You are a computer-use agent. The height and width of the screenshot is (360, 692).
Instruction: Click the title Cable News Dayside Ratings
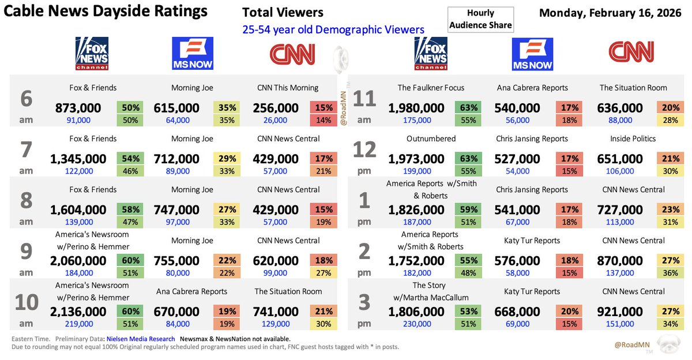(106, 11)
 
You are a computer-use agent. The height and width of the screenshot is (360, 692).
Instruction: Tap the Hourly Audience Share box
(480, 20)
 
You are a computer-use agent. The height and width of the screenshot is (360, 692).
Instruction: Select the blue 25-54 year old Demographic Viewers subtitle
(333, 29)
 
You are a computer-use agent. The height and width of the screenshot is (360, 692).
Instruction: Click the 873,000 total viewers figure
(78, 108)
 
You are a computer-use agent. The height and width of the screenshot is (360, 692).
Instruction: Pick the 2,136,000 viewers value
(78, 312)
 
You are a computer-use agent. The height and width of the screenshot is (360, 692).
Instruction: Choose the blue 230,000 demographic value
(418, 324)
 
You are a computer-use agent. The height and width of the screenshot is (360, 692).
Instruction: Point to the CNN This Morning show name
(288, 88)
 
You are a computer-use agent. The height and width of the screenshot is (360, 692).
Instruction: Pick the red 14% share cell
(323, 120)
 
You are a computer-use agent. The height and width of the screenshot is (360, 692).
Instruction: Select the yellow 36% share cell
(669, 273)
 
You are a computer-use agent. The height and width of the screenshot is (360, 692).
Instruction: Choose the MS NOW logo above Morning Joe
(192, 54)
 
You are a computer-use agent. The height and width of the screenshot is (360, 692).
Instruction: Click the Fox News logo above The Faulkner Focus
(430, 54)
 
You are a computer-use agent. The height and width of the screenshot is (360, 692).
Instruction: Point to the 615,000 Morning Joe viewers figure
(176, 108)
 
